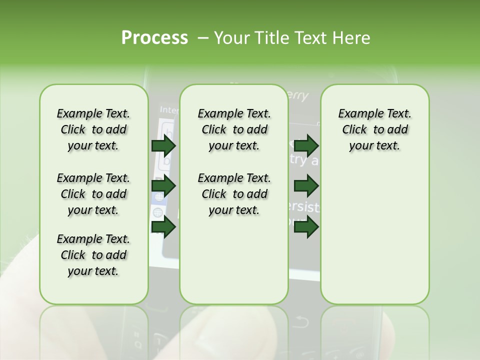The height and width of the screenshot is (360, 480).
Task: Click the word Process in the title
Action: (154, 37)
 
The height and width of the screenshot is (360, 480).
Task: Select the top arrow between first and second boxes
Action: (163, 145)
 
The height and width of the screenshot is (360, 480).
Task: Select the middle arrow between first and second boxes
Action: (163, 186)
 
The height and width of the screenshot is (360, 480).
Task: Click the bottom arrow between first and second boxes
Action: (163, 227)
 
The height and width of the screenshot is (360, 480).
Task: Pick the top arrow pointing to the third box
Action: (306, 145)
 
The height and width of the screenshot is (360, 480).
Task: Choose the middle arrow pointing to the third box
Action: (306, 186)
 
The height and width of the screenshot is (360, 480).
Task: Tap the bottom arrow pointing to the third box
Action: (306, 227)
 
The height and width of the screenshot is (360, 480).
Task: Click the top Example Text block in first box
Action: (93, 129)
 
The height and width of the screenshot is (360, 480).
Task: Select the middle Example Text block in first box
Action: (93, 194)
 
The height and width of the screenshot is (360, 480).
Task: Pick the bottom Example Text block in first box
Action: (93, 255)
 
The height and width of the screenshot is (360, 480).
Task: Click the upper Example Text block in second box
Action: (234, 129)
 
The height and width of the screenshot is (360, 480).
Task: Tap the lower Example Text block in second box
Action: (234, 194)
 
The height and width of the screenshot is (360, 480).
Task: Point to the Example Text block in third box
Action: (374, 129)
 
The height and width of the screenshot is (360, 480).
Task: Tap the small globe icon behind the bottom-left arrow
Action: (157, 212)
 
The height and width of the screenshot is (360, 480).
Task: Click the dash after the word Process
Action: (203, 38)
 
